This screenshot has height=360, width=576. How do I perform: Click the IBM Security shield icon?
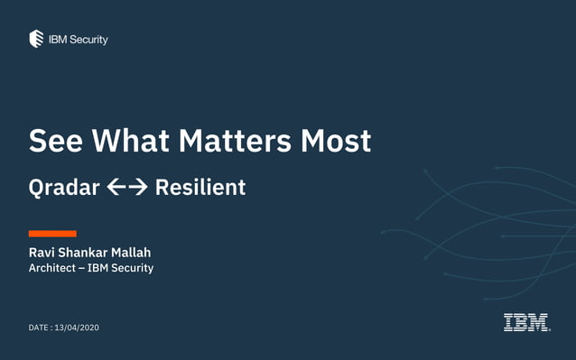click(36, 39)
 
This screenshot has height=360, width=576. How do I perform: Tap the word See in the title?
click(56, 141)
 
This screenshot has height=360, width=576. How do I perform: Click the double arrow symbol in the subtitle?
click(126, 188)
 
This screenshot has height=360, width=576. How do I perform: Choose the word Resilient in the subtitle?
click(200, 188)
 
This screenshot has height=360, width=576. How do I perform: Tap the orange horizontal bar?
click(52, 234)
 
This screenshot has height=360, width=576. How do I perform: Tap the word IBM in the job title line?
click(98, 268)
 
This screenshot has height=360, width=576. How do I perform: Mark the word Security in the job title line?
click(133, 268)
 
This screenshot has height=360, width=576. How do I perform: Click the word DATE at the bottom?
click(39, 328)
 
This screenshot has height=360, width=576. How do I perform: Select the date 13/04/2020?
click(77, 328)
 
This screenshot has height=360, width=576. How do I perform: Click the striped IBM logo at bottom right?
click(526, 322)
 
